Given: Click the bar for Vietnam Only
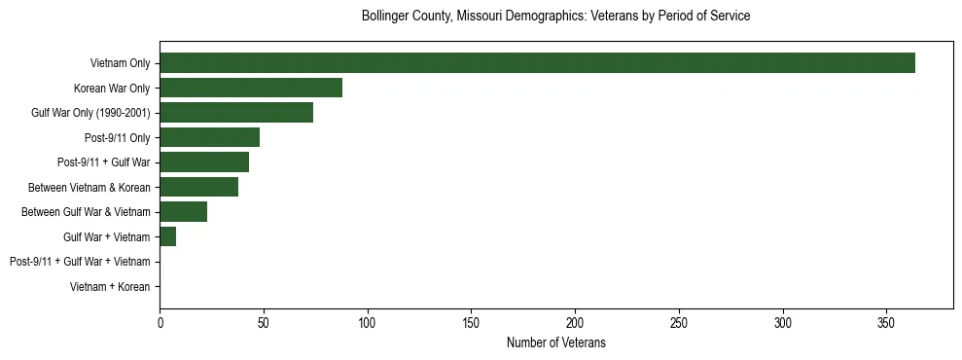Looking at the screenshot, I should [537, 63].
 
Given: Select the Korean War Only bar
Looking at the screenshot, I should [251, 88].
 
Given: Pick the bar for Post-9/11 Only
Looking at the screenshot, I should [209, 137].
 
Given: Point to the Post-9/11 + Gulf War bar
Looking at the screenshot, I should [204, 162].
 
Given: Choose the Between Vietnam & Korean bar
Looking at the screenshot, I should [198, 187].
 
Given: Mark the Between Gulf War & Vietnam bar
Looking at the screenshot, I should [183, 212].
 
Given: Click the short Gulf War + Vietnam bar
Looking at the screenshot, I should [167, 236].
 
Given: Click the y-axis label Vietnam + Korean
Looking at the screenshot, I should [110, 287].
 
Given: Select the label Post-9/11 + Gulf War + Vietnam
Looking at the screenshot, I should [80, 262].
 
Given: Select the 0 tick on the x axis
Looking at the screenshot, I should [160, 322].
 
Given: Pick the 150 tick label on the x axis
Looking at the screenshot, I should [471, 322].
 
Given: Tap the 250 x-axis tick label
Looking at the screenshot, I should [679, 322].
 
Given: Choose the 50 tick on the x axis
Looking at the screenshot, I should [264, 322].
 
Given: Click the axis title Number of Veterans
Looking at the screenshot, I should [556, 342].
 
